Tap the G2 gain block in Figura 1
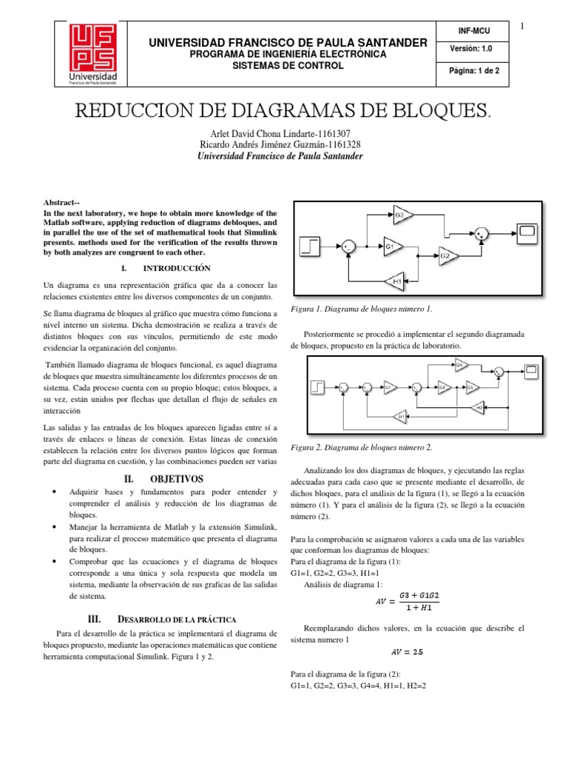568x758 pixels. click(447, 255)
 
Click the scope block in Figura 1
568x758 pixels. click(527, 232)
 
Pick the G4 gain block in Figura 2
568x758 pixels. click(460, 365)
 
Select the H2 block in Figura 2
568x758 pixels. click(479, 407)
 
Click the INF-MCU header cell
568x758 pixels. click(473, 30)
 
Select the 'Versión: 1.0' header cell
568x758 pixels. click(473, 48)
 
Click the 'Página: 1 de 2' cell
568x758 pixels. click(473, 71)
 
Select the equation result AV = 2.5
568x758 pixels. click(408, 652)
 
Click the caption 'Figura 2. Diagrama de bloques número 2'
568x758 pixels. click(362, 447)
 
